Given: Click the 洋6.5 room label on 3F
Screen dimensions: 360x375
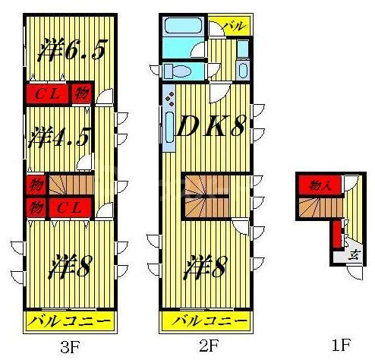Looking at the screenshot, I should click(71, 51).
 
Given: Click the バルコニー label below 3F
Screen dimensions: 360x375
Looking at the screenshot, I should click(70, 322).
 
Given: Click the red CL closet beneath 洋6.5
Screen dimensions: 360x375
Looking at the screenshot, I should click(48, 94).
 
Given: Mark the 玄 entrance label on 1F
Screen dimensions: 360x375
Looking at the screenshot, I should click(354, 255).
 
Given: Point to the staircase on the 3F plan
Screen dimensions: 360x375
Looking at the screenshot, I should click(71, 185).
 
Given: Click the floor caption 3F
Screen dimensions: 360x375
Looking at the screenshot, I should click(70, 347).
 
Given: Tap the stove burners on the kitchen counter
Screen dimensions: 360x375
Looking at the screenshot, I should click(169, 99).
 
